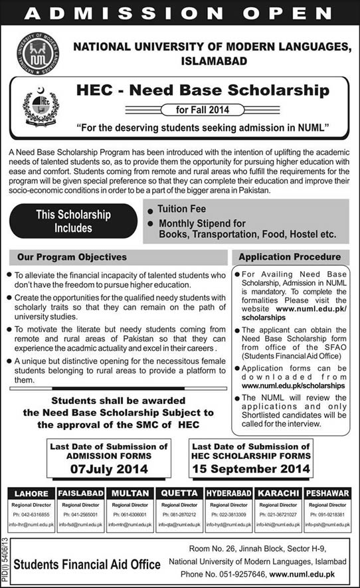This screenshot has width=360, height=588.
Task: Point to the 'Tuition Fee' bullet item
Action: (x=182, y=209)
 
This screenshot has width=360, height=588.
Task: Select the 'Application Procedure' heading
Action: (x=290, y=256)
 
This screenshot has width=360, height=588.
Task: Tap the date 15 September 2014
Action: (x=251, y=468)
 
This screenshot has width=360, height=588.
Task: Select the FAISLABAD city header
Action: (x=79, y=493)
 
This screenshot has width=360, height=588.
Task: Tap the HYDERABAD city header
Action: (x=229, y=493)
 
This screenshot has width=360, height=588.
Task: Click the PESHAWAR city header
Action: (x=329, y=493)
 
